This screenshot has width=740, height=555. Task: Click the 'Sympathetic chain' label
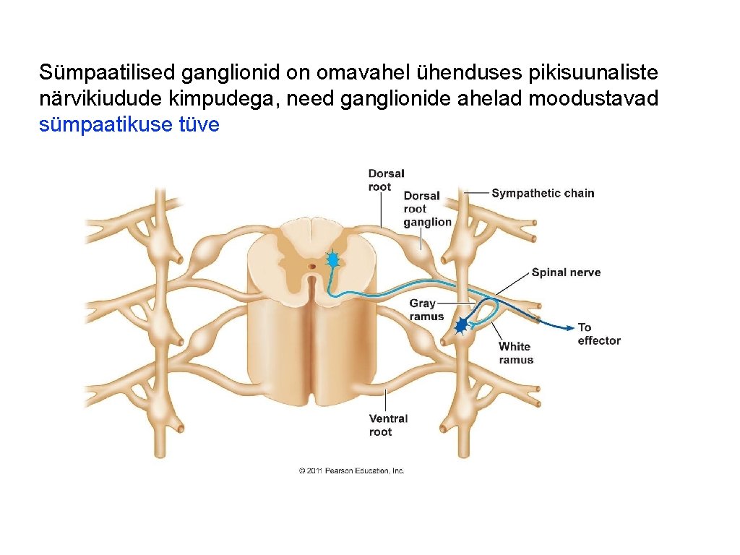[543, 193]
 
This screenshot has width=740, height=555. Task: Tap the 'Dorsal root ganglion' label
[427, 209]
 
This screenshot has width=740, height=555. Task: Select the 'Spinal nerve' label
[566, 272]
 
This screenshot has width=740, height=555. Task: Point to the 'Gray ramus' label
[426, 310]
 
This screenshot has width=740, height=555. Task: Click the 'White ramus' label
[516, 353]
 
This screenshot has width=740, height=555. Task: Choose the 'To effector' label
[598, 334]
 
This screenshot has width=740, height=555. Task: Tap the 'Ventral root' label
[388, 425]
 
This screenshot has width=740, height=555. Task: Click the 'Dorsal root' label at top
[386, 180]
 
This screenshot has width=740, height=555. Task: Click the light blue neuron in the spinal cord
[332, 259]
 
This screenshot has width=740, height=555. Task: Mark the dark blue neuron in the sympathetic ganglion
[460, 327]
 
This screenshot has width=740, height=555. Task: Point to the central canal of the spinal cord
[311, 267]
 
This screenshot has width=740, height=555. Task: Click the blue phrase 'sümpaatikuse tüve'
[129, 125]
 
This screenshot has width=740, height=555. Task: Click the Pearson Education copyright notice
[352, 470]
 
